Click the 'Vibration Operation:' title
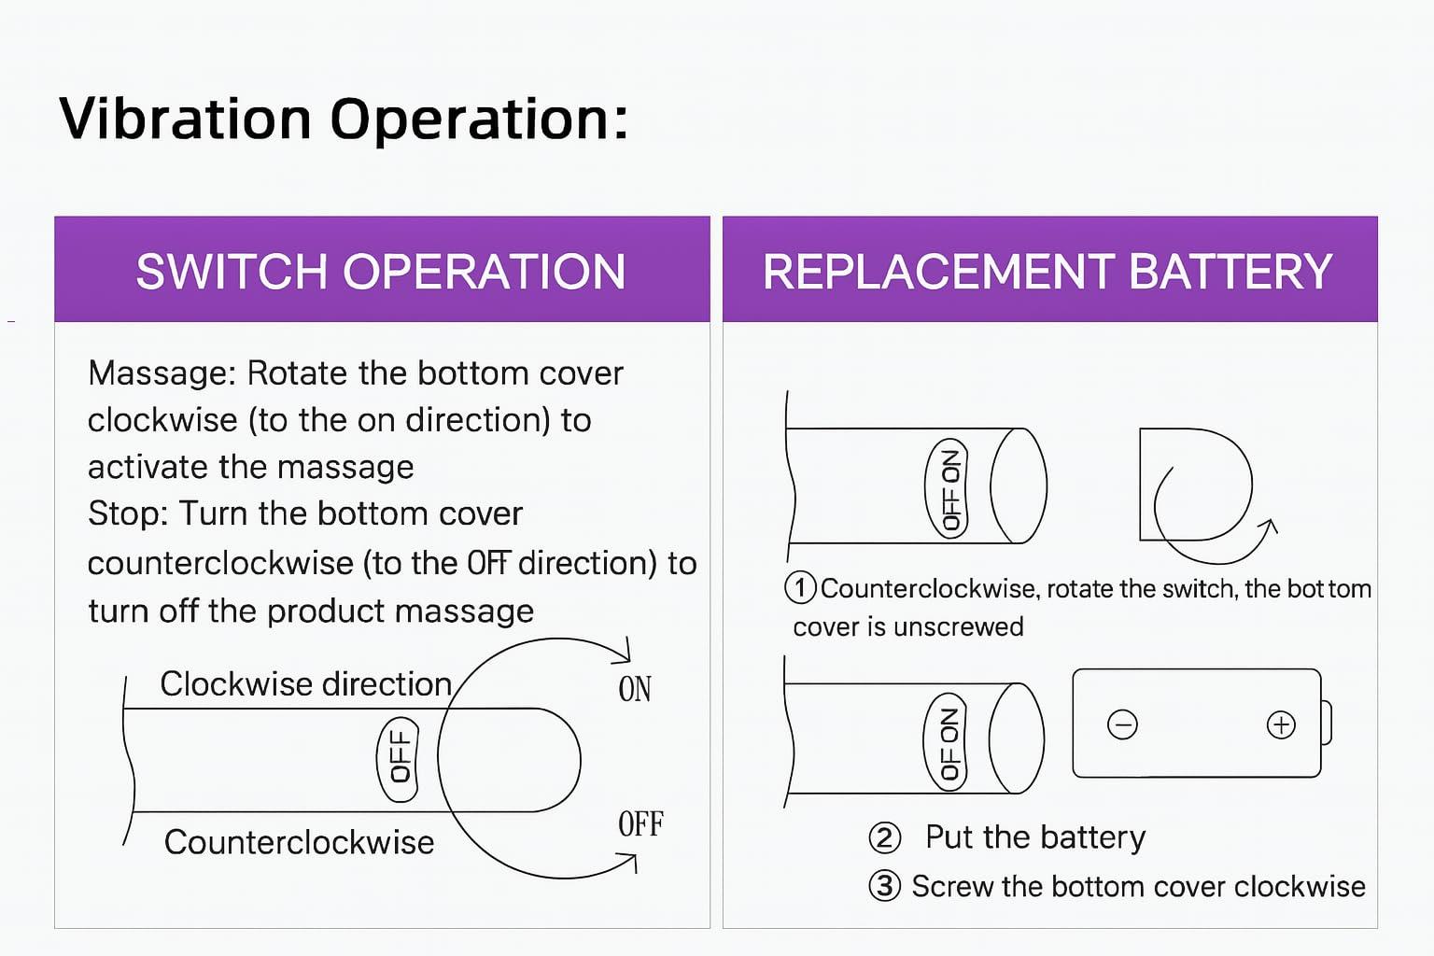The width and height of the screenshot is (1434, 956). (x=344, y=119)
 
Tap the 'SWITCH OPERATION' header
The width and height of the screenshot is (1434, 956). (x=381, y=272)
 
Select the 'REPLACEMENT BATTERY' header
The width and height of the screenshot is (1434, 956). (x=1047, y=272)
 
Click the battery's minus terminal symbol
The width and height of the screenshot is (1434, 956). (x=1122, y=724)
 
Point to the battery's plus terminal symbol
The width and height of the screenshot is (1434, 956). (x=1281, y=724)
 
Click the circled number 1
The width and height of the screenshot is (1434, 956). (x=801, y=588)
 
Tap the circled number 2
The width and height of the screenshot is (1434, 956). (x=884, y=837)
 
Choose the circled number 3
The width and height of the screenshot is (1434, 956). (x=884, y=886)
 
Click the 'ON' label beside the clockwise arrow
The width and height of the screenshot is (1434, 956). (x=635, y=689)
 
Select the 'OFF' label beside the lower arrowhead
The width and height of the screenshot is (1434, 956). (x=640, y=824)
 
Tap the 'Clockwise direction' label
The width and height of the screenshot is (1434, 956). (x=305, y=684)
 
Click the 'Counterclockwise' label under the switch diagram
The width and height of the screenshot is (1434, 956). (x=299, y=842)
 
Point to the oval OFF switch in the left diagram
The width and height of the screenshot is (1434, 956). (x=398, y=759)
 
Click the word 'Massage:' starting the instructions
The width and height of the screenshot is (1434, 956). (x=162, y=373)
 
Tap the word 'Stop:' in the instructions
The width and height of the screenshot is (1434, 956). (x=128, y=513)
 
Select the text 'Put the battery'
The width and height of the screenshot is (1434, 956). (x=1035, y=837)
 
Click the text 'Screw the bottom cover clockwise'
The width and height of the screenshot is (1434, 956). (x=1138, y=886)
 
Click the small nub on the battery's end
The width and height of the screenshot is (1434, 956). (x=1327, y=724)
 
